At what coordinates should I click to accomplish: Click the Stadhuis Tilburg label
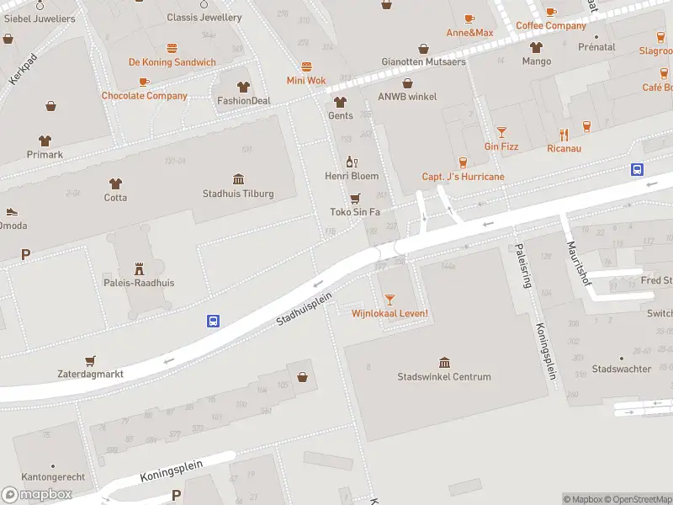(x=238, y=194)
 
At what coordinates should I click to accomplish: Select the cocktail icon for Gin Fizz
(x=501, y=132)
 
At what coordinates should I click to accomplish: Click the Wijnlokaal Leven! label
(x=389, y=314)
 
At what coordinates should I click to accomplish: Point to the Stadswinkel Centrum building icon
(x=444, y=362)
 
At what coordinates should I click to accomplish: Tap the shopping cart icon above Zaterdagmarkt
(x=90, y=359)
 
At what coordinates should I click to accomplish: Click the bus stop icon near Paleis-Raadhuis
(x=214, y=321)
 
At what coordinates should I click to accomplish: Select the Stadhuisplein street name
(x=305, y=309)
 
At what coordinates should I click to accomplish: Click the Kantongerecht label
(x=52, y=476)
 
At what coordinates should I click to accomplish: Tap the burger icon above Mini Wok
(x=306, y=66)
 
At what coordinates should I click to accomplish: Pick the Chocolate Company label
(x=145, y=96)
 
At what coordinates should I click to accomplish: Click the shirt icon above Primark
(x=45, y=141)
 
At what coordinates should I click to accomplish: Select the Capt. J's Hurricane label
(x=463, y=177)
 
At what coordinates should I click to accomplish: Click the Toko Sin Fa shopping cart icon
(x=355, y=198)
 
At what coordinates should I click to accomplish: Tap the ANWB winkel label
(x=407, y=97)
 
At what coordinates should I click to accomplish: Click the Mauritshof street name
(x=579, y=263)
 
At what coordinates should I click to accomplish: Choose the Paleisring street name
(x=522, y=266)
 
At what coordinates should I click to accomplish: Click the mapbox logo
(x=37, y=495)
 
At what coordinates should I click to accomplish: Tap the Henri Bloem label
(x=352, y=176)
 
